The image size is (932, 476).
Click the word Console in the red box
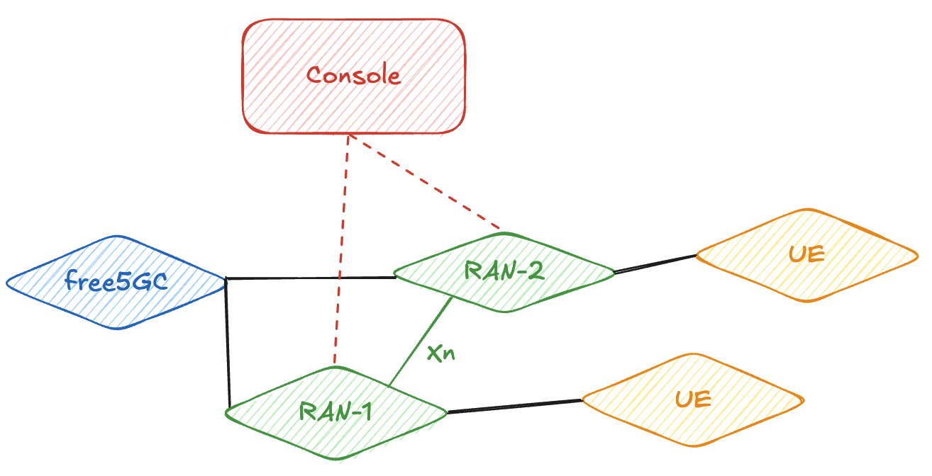coord(353,75)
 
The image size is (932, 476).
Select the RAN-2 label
coord(504,271)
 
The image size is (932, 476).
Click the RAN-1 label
coord(335,412)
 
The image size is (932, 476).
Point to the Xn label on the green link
coord(440,353)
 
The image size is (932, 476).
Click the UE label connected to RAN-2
coord(806,254)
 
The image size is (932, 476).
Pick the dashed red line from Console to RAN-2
coord(426,183)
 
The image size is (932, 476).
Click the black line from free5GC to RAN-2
coord(311,278)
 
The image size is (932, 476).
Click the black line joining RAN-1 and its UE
coord(514,407)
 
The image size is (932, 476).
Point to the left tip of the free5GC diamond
coord(7,283)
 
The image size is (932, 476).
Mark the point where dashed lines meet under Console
coord(348,135)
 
